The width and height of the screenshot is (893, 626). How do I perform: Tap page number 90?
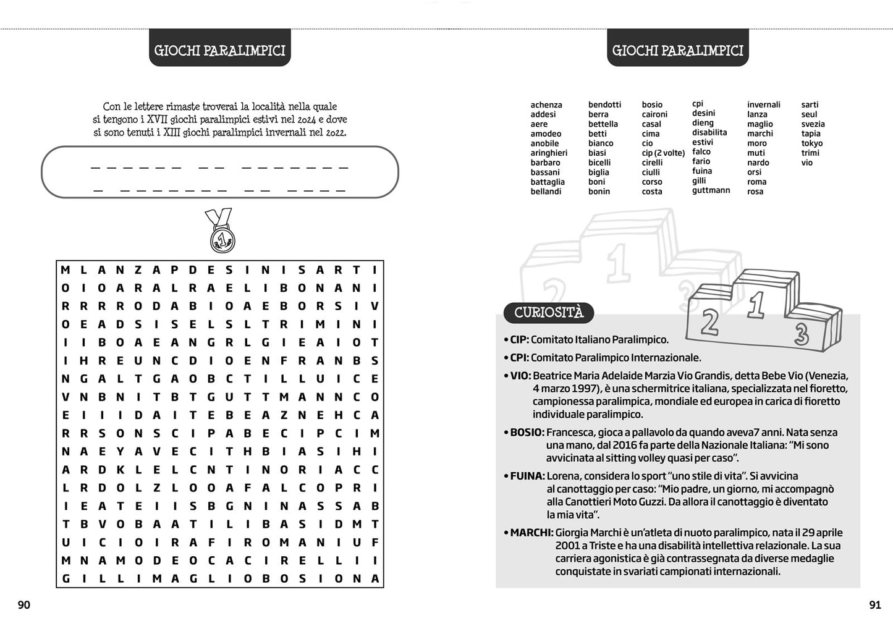23,605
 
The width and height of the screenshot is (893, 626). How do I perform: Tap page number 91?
874,605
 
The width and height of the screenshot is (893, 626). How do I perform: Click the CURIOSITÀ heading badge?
548,313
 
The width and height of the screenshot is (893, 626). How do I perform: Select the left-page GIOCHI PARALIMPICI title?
219,51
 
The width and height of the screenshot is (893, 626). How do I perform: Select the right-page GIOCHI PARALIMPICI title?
677,51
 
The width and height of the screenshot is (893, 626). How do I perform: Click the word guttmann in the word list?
711,190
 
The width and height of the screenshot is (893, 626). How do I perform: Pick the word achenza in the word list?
546,105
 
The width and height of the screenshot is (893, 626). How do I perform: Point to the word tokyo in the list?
811,143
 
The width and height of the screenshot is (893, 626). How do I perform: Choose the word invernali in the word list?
763,105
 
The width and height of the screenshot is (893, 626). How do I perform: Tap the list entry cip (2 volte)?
662,153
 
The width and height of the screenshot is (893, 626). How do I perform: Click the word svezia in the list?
813,124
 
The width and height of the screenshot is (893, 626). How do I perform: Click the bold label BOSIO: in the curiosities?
527,433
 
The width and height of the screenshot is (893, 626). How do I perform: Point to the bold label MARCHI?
531,533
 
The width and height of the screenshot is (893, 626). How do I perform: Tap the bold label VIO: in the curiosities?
520,376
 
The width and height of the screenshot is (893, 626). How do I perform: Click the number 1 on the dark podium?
756,304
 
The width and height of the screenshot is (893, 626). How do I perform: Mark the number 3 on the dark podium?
802,334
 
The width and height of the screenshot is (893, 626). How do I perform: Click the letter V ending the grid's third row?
375,306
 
